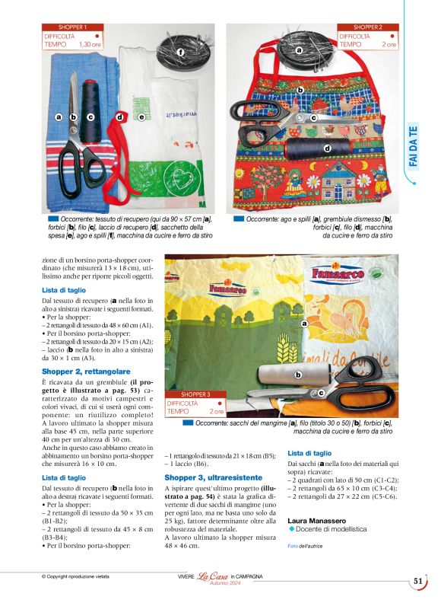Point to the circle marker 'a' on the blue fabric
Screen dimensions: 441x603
(x=59, y=117)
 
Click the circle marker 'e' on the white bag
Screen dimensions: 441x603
(x=141, y=117)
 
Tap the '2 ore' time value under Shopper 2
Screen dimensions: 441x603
(x=389, y=45)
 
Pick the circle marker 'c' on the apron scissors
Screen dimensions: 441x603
(x=313, y=119)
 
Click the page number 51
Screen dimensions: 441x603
(x=418, y=580)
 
